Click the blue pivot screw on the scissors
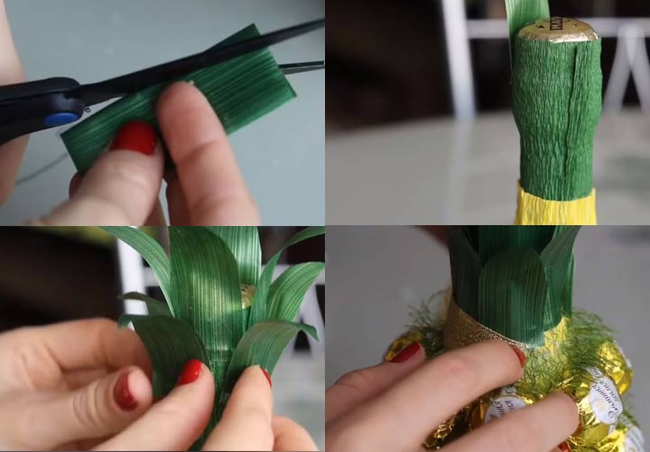(x=61, y=118)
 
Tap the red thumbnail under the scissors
(x=135, y=137)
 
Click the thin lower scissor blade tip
(x=302, y=66)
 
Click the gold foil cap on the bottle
(x=557, y=31)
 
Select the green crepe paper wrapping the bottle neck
(x=557, y=118)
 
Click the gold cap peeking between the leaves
(x=247, y=295)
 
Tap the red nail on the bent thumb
(x=124, y=391)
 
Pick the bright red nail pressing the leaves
(x=190, y=372)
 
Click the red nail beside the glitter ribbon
(x=407, y=352)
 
